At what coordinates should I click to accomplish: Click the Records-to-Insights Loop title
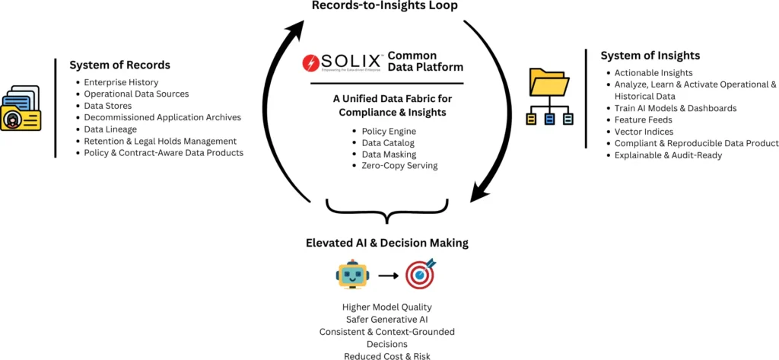389,7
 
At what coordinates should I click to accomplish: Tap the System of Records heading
119,65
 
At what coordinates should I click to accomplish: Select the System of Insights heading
650,56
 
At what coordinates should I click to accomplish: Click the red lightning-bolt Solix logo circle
310,62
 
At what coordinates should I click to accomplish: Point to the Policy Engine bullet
389,131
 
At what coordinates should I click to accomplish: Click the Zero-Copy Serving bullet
399,165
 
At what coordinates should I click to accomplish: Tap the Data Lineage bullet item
110,129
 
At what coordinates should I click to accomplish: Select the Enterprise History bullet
122,82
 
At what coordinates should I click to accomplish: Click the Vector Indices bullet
644,132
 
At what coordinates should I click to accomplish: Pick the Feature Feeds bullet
643,120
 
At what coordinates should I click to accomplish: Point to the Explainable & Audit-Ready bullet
668,155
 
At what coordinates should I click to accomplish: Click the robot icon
352,276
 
